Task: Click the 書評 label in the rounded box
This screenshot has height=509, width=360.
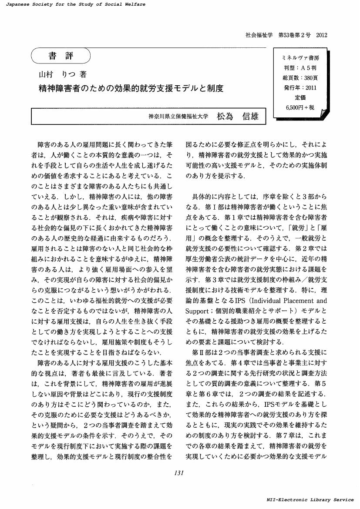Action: coord(61,56)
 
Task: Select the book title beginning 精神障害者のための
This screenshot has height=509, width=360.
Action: coord(131,88)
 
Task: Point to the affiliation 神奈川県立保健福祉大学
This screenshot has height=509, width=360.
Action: coord(178,117)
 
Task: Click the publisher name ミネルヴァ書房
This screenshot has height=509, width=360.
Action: coord(300,58)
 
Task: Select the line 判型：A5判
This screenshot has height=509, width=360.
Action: coord(300,68)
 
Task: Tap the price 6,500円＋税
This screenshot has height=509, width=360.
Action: coord(300,107)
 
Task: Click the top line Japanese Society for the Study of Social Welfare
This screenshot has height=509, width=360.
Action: coord(73,4)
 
